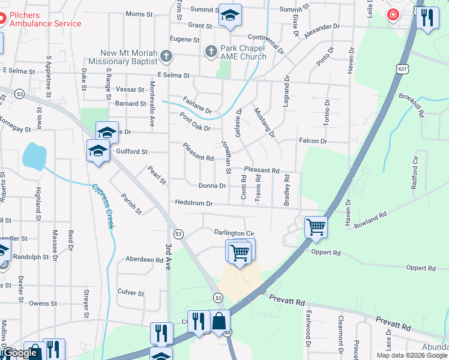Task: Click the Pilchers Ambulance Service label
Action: point(45,19)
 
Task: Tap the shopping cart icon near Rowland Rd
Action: point(315,228)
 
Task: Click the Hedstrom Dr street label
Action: point(193,203)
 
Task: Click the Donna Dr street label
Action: point(212,186)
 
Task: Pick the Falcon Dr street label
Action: point(313,141)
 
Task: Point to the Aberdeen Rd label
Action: point(144,260)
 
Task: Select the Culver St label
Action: point(131,292)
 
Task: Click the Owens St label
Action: point(43,304)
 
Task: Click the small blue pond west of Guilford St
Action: point(34,156)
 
